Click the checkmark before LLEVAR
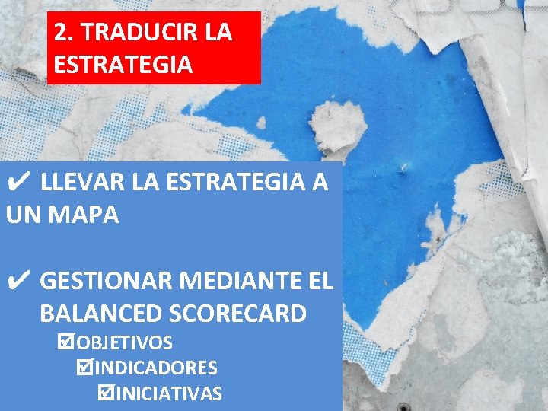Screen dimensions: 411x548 tap(18, 183)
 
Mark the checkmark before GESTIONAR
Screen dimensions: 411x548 tap(18, 282)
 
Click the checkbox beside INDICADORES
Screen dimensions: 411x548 tap(84, 368)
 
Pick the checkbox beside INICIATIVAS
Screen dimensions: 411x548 tap(107, 393)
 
